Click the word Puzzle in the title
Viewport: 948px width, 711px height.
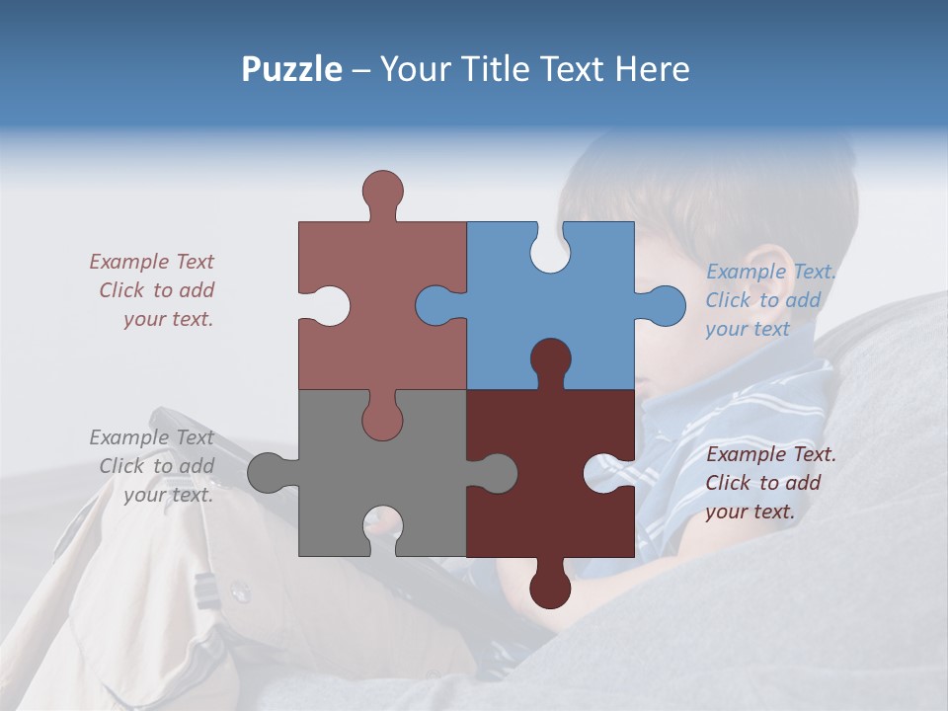[292, 69]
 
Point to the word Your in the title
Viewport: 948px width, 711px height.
[414, 69]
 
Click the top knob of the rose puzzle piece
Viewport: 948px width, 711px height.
[382, 191]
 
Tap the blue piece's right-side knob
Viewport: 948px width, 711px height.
[664, 305]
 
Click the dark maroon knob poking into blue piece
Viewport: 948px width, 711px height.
[550, 359]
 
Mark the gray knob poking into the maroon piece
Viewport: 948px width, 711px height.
[496, 473]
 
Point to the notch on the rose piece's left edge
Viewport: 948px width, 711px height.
[330, 305]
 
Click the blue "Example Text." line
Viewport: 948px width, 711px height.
[771, 272]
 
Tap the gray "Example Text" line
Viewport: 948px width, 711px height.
[151, 437]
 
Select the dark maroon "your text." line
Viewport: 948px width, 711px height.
[750, 512]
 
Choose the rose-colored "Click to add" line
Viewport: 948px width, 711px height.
[156, 290]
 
